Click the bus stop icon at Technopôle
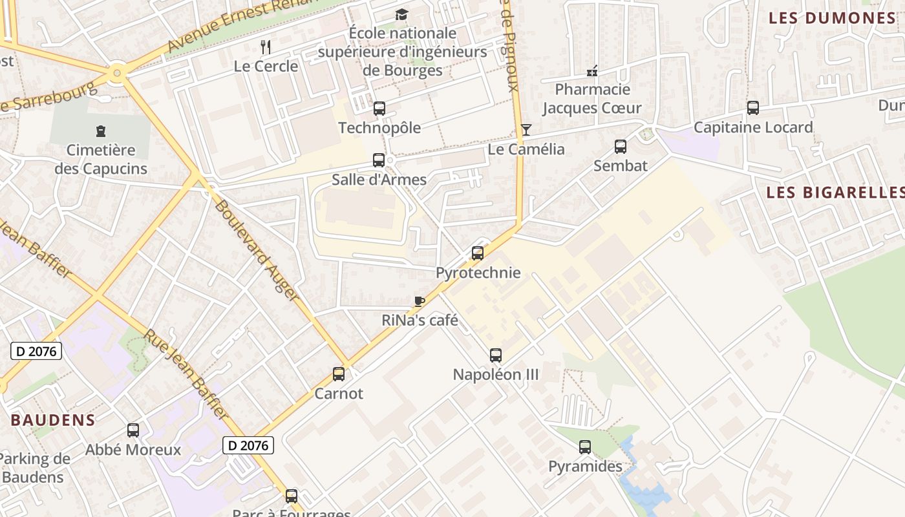click(x=379, y=109)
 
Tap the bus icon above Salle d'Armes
click(x=379, y=160)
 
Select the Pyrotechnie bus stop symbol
click(x=478, y=253)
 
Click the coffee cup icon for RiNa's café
click(x=420, y=301)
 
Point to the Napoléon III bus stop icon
click(x=496, y=355)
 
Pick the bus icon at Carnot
click(x=339, y=374)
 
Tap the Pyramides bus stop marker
click(x=585, y=447)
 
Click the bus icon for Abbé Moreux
click(x=133, y=430)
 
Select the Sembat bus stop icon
click(x=621, y=147)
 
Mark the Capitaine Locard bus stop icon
click(x=753, y=108)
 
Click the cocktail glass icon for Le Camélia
click(x=526, y=130)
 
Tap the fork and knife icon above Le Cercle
click(x=265, y=47)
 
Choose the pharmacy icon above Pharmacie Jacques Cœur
click(x=591, y=70)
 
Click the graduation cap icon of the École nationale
click(x=401, y=14)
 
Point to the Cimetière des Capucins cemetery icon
click(x=100, y=132)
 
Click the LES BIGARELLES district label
click(x=835, y=193)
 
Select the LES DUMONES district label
click(x=832, y=18)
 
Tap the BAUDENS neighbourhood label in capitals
click(x=53, y=420)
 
